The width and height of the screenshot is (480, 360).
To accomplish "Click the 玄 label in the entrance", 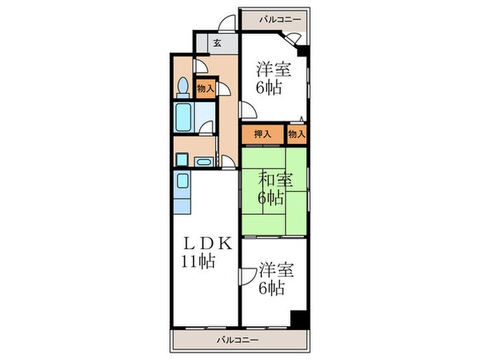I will click(216, 43).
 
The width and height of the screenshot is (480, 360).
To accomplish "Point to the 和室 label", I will click(275, 180).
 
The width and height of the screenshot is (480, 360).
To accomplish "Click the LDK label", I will click(208, 243).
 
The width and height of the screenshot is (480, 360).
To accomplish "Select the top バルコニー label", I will click(279, 19).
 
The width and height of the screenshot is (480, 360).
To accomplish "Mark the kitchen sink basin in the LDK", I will click(182, 182).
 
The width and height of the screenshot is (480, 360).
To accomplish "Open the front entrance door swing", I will click(224, 23).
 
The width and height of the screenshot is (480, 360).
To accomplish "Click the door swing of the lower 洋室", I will click(245, 277).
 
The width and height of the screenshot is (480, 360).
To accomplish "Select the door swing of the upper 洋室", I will click(248, 110).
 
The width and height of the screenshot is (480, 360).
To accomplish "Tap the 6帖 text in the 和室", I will click(271, 199).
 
